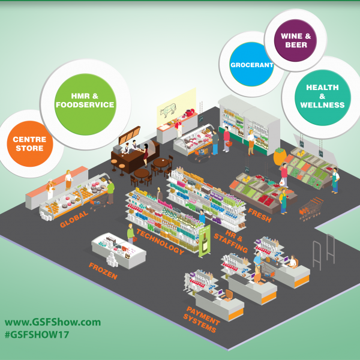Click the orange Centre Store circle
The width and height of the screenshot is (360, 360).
pos(30,144)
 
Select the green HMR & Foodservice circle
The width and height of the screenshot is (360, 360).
pos(85,104)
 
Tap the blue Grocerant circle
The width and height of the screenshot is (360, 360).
pos(251,64)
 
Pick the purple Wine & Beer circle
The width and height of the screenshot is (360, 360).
pos(295,40)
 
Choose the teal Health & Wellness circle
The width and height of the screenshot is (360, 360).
pos(323,98)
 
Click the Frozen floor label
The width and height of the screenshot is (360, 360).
pos(103,271)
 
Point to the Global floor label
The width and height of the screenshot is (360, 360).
pos(74,219)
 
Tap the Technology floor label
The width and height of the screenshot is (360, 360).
pos(160,242)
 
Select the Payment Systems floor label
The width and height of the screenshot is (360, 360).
pos(202,319)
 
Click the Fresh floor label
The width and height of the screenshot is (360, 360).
pos(260,215)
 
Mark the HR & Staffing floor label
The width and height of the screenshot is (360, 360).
pos(231,241)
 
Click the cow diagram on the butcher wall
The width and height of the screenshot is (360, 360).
pos(168,110)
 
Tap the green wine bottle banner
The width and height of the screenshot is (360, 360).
pos(205,241)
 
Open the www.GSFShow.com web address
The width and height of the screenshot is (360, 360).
pos(53,322)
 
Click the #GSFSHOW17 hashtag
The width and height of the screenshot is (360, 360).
pos(37,335)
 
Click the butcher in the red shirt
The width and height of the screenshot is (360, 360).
pos(178,127)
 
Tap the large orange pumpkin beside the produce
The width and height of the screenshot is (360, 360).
pos(280,157)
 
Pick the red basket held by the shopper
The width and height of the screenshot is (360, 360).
pos(229,144)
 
